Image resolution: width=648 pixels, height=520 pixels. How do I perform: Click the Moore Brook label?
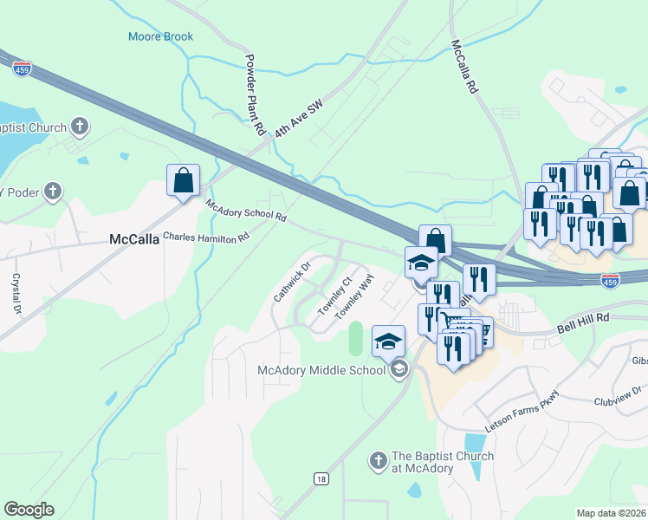160,36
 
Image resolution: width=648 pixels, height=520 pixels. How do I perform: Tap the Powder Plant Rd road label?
254,96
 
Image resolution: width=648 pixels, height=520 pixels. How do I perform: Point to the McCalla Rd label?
464,67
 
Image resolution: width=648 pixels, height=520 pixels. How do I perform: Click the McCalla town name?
134,239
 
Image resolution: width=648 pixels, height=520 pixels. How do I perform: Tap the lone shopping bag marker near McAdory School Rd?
183,181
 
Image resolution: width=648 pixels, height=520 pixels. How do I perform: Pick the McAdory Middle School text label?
321,371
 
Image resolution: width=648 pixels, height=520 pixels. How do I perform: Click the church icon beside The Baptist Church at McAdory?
378,462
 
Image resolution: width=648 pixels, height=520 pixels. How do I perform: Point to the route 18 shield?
321,478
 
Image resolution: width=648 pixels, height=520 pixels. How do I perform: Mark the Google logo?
29,510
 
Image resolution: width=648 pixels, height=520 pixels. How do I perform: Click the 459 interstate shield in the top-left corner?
23,68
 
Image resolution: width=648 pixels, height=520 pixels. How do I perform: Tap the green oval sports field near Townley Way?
355,338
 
